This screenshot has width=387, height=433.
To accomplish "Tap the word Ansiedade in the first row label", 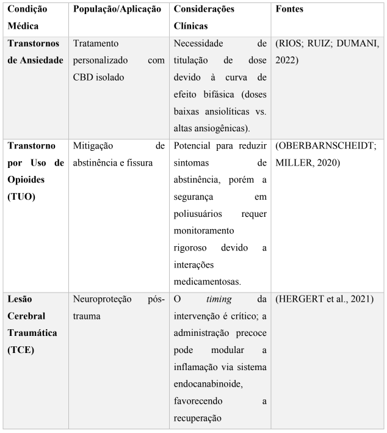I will tap(37, 60).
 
